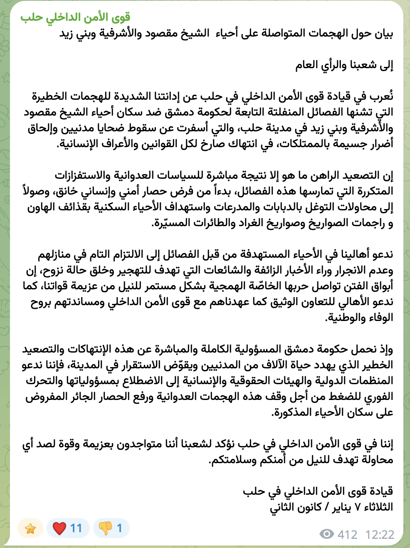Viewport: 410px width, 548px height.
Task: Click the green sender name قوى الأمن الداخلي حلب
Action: point(75,17)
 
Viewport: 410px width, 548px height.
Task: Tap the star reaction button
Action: point(30,528)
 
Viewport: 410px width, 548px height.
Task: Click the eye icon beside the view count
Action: point(327,534)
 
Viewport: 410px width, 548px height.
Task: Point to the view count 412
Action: point(347,534)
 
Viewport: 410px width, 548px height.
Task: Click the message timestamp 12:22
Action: point(380,534)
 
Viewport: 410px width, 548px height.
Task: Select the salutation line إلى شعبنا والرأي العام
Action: point(344,65)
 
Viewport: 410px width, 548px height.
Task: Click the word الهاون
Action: point(42,207)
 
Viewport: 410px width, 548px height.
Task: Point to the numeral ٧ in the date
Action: point(357,508)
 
